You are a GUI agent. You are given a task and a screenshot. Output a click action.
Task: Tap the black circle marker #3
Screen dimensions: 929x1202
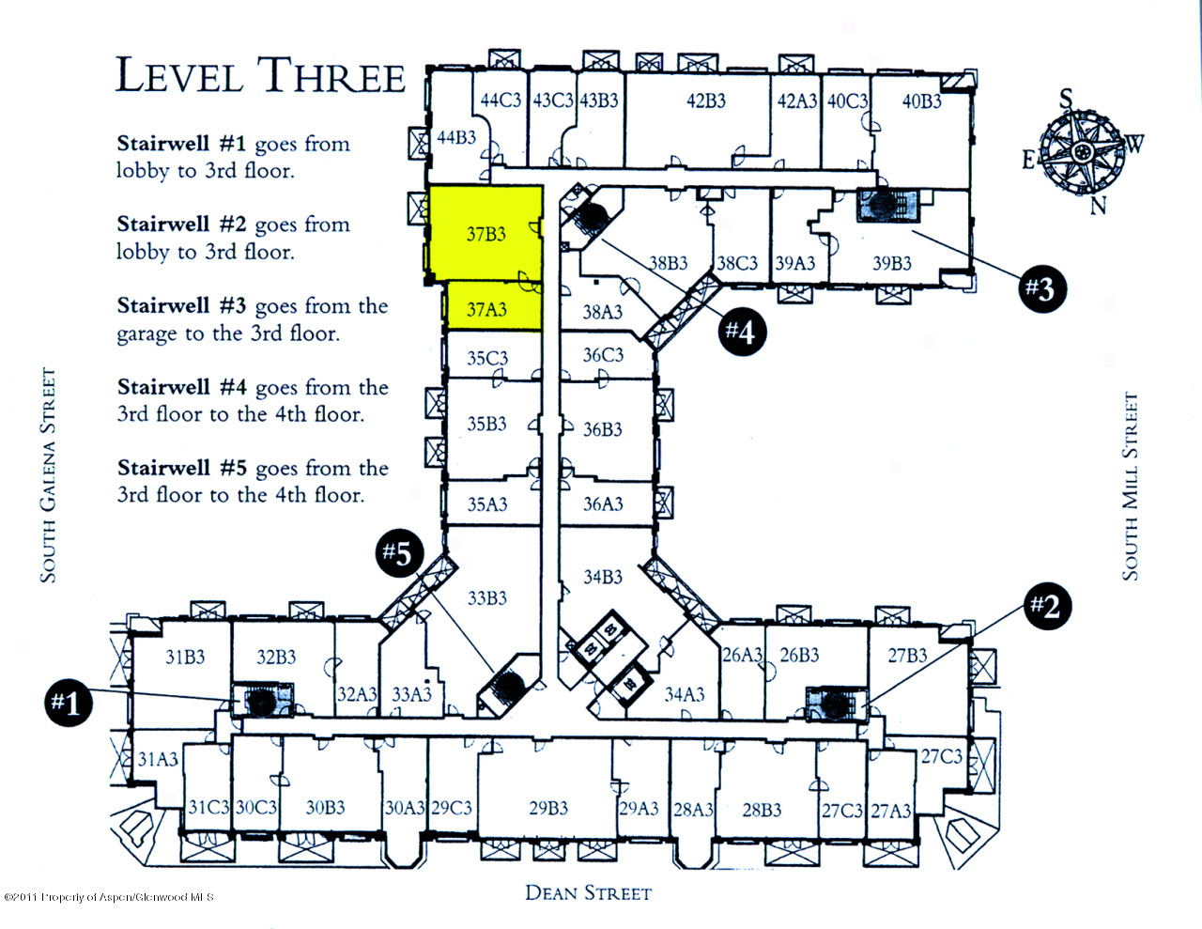1041,287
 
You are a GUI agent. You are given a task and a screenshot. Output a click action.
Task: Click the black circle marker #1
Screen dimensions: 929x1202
69,703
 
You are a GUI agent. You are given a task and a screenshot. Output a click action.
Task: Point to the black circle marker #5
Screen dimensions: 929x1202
398,553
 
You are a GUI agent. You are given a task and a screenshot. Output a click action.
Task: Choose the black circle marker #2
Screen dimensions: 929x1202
1045,605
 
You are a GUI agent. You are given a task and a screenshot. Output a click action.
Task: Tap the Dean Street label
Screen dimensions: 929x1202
588,893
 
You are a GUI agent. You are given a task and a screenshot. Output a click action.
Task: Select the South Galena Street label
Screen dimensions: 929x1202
48,475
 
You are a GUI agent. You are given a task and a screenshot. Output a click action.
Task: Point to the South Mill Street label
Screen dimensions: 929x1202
1131,486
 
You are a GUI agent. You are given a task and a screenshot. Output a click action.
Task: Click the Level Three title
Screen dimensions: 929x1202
260,75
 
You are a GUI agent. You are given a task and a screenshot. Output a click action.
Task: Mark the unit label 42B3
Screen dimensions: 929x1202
705,101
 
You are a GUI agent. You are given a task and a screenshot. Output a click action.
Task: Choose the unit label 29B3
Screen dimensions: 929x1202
548,808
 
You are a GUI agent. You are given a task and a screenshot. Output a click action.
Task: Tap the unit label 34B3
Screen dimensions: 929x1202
602,577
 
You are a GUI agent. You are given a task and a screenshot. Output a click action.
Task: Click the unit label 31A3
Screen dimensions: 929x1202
158,759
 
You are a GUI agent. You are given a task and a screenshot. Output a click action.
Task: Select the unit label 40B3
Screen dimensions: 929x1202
921,101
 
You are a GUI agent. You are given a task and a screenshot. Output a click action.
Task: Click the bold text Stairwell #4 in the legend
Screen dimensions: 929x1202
181,387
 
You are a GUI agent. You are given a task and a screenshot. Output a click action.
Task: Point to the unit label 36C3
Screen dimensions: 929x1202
603,355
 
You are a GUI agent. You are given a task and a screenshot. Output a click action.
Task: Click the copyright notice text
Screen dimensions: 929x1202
109,897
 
